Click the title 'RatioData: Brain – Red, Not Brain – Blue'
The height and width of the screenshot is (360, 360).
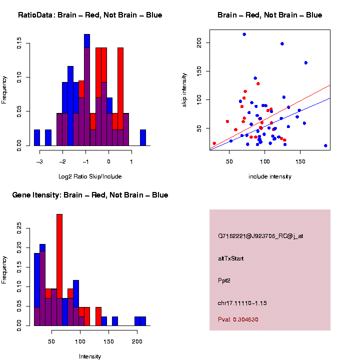point(90,15)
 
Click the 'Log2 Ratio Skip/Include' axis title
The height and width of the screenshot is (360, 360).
point(90,176)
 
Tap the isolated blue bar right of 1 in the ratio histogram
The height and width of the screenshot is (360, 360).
point(143,137)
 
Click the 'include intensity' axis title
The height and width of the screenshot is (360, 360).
point(270,176)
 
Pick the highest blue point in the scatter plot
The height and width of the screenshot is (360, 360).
point(244,34)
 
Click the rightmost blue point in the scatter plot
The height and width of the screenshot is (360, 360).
point(325,145)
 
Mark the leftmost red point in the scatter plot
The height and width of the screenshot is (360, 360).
point(214,143)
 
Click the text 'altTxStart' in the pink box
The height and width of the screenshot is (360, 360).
point(231,258)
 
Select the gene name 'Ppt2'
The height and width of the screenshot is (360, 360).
point(224,280)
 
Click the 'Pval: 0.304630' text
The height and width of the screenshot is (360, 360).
point(238,319)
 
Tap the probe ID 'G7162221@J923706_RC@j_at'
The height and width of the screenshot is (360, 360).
point(260,236)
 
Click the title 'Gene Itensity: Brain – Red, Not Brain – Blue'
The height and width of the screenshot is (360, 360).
point(90,195)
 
